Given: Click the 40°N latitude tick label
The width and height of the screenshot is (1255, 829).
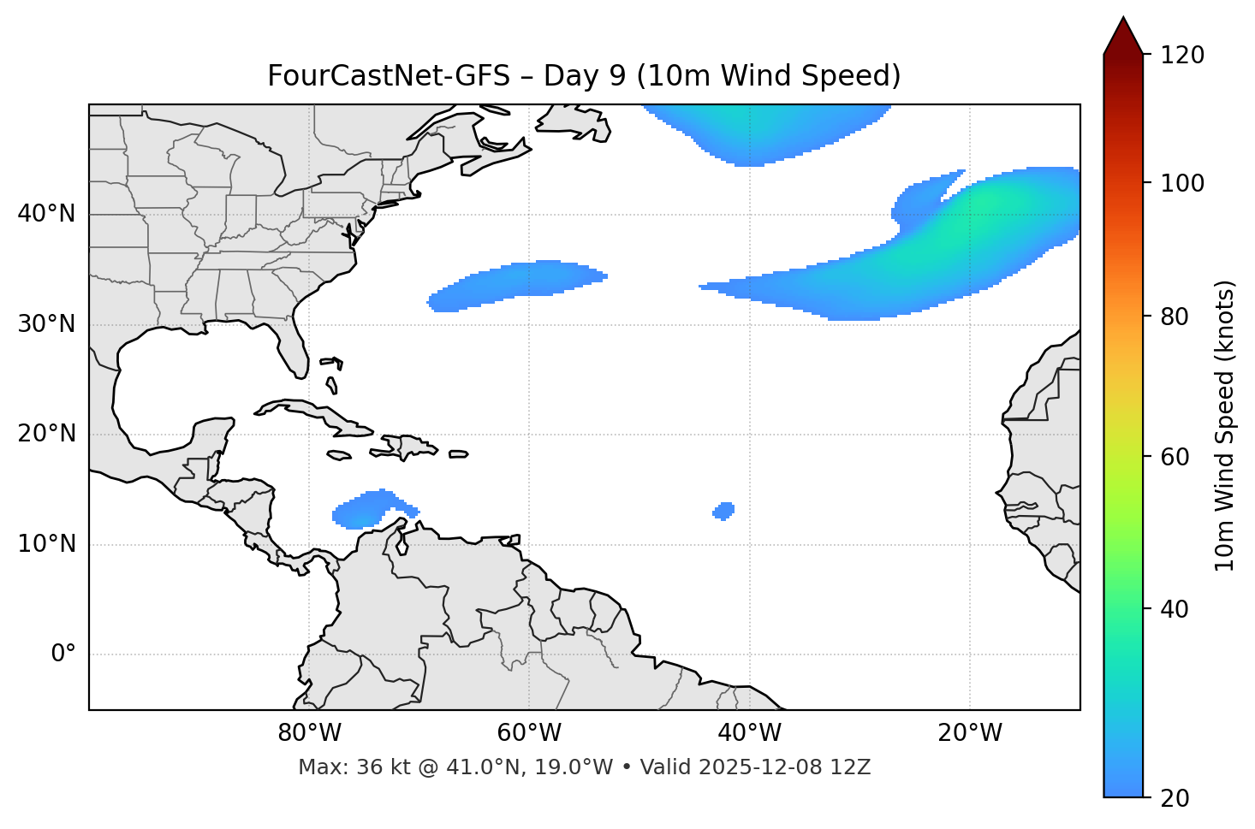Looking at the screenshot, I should pyautogui.click(x=46, y=214).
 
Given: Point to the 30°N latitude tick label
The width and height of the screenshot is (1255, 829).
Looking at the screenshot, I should pyautogui.click(x=46, y=324).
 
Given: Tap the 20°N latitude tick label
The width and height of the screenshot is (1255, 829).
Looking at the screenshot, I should pyautogui.click(x=46, y=434).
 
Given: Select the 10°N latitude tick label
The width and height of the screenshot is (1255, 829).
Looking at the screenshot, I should pyautogui.click(x=46, y=544).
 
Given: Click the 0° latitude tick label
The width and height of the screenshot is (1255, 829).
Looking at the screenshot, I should pyautogui.click(x=63, y=654).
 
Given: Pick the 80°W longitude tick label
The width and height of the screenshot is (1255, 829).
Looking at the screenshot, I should pyautogui.click(x=309, y=733).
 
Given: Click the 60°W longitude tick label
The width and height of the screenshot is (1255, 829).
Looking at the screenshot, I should pyautogui.click(x=529, y=733).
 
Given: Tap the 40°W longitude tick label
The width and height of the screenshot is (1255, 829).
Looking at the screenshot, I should pyautogui.click(x=749, y=733).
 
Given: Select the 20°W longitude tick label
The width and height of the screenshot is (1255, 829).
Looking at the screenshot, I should pyautogui.click(x=969, y=733).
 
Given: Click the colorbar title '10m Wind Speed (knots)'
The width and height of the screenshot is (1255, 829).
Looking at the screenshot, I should pyautogui.click(x=1225, y=425).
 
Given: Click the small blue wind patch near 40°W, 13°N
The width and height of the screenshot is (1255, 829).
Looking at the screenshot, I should pyautogui.click(x=723, y=511).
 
